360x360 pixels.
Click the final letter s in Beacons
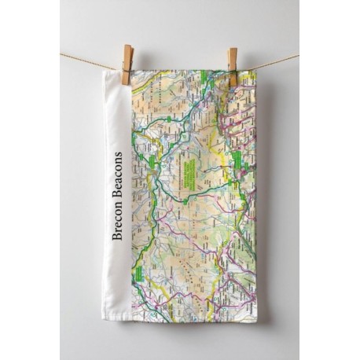(117, 155)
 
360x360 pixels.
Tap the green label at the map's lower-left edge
(138, 273)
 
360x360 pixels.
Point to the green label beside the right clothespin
(209, 76)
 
